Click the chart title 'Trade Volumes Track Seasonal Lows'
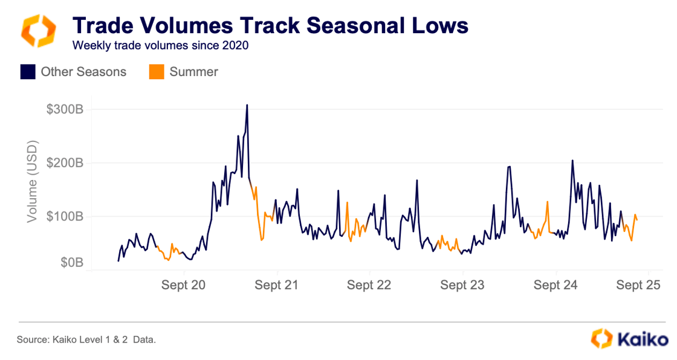pyautogui.click(x=270, y=25)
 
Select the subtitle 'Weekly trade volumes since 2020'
pyautogui.click(x=160, y=45)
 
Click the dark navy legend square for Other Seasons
pyautogui.click(x=28, y=72)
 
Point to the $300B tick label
pyautogui.click(x=64, y=109)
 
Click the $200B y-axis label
pyautogui.click(x=64, y=163)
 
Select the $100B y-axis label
pyautogui.click(x=64, y=216)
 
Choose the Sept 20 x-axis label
pyautogui.click(x=184, y=285)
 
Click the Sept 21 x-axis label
pyautogui.click(x=277, y=285)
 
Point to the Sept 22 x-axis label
pyautogui.click(x=369, y=285)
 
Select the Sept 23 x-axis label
pyautogui.click(x=462, y=285)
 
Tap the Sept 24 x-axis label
pyautogui.click(x=556, y=285)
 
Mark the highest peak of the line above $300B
pyautogui.click(x=247, y=105)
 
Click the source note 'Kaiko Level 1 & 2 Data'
pyautogui.click(x=86, y=340)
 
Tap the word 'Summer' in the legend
pyautogui.click(x=193, y=72)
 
